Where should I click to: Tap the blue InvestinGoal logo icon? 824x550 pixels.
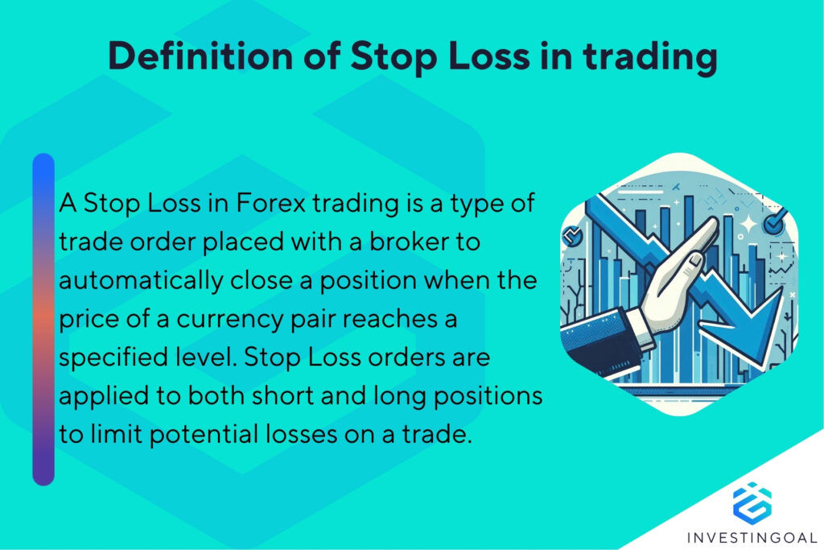click(x=752, y=500)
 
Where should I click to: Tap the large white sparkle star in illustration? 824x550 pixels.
click(x=748, y=224)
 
